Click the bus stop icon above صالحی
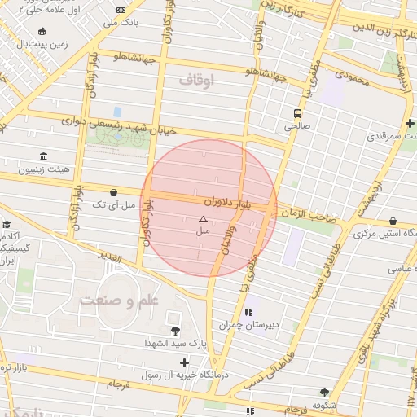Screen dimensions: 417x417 tap(297, 113)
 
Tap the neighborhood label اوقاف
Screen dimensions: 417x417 tap(195, 79)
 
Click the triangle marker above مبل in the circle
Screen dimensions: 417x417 tap(203, 219)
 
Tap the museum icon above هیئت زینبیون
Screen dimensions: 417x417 tap(42, 156)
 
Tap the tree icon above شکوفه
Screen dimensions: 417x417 tap(324, 392)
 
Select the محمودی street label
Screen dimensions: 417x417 tap(352, 79)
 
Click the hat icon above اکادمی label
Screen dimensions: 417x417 tap(7, 224)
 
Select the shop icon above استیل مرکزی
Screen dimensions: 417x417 tap(393, 222)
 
